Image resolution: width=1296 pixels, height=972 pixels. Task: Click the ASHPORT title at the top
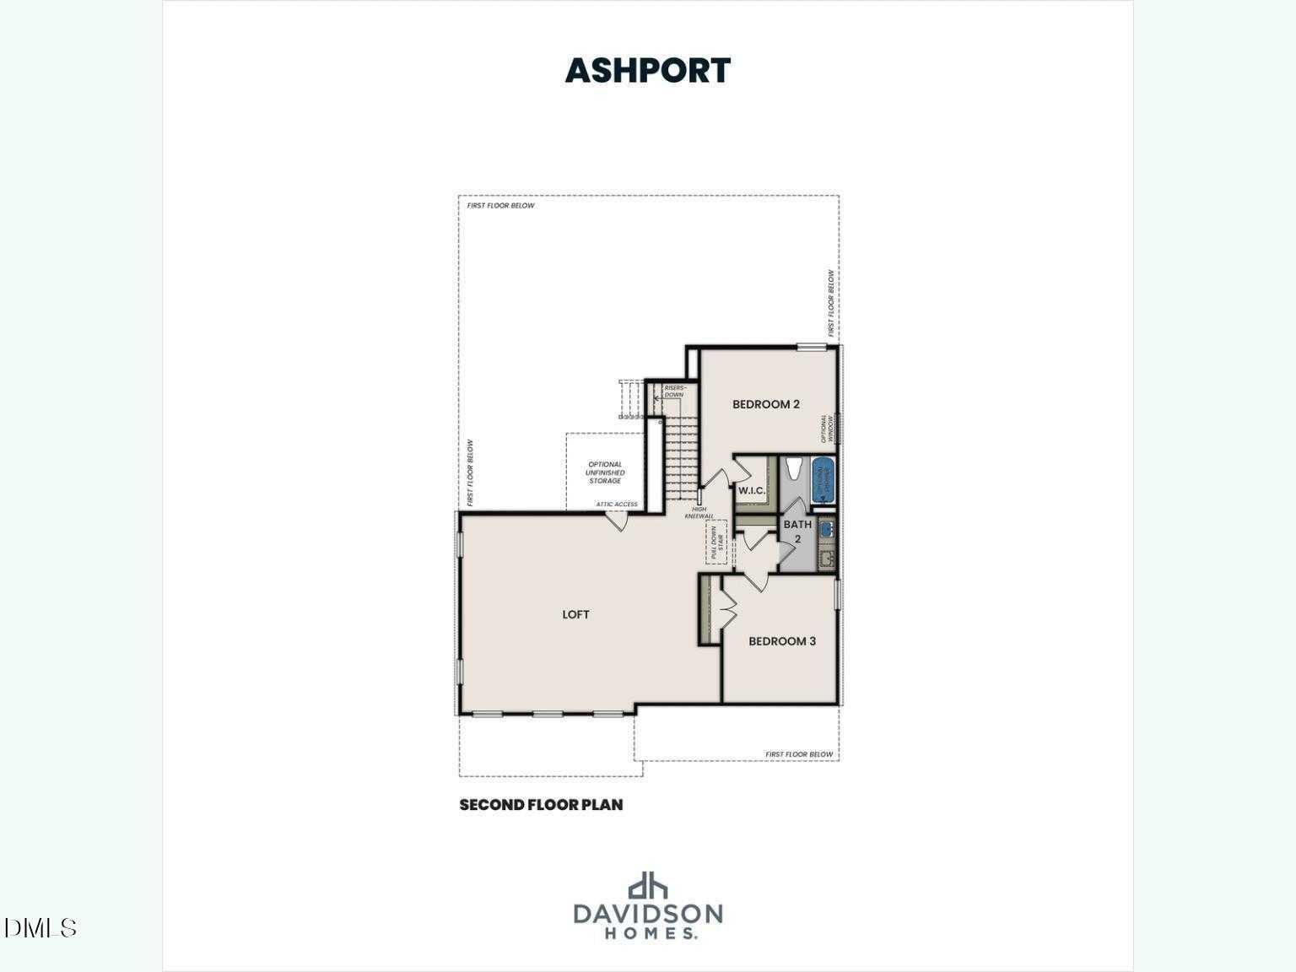click(x=647, y=71)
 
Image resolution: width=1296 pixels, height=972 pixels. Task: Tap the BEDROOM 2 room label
click(x=765, y=404)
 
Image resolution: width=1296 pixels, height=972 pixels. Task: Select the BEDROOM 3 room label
click(x=781, y=641)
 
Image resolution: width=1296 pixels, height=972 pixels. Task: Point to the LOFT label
click(x=575, y=614)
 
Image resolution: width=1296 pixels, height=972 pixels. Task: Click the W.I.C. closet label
click(x=751, y=491)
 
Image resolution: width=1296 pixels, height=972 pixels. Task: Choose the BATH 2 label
click(x=797, y=531)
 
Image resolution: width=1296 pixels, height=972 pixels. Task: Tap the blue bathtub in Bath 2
click(x=823, y=480)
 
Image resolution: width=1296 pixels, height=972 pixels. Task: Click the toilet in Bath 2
click(x=793, y=469)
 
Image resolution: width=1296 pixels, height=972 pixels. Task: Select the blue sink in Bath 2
click(x=826, y=529)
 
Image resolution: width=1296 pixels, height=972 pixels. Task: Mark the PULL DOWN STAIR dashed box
click(x=716, y=542)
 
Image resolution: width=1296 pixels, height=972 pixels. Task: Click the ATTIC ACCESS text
click(x=617, y=505)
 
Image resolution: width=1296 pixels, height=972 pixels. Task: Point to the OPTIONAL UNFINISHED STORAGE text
click(x=605, y=472)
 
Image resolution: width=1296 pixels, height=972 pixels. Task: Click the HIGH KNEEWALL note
click(x=699, y=513)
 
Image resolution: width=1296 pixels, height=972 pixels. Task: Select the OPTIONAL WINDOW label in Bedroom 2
click(x=827, y=429)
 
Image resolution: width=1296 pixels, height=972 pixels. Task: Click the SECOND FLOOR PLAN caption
click(x=541, y=805)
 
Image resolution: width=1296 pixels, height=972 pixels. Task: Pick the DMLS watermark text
click(x=40, y=928)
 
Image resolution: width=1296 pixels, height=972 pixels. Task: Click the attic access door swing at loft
click(x=617, y=521)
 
